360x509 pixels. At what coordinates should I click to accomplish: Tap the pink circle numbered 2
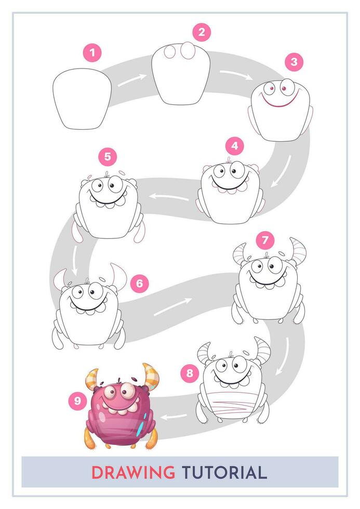pyautogui.click(x=201, y=32)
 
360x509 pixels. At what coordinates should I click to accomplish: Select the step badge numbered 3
pyautogui.click(x=294, y=62)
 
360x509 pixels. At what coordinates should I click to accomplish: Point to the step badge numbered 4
pyautogui.click(x=235, y=146)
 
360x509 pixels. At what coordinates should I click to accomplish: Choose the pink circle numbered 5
pyautogui.click(x=107, y=156)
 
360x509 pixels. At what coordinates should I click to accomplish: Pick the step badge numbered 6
pyautogui.click(x=139, y=283)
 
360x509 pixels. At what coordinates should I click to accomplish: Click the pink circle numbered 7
pyautogui.click(x=265, y=240)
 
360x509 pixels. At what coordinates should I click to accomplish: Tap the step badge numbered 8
pyautogui.click(x=190, y=372)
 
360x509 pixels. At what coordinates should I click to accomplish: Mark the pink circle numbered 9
pyautogui.click(x=77, y=400)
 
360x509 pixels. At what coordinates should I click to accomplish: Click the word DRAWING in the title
pyautogui.click(x=133, y=473)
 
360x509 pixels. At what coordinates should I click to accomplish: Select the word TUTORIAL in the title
pyautogui.click(x=224, y=473)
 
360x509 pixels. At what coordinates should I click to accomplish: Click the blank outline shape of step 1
pyautogui.click(x=83, y=99)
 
